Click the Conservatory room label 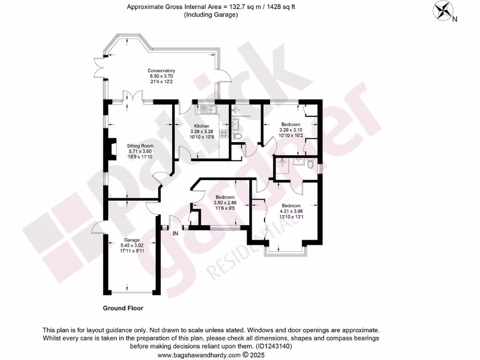point(161,71)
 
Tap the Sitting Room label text point(141,146)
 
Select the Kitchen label point(202,126)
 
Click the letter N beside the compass point(455,19)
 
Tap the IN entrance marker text point(176,233)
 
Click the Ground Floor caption point(123,308)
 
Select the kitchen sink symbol point(207,110)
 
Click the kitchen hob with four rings point(224,133)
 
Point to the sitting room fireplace point(111,150)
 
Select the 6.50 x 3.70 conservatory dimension point(161,76)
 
